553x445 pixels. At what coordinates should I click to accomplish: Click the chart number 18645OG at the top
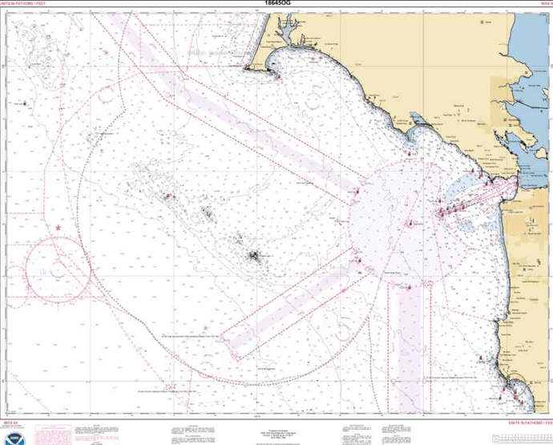tap(276, 3)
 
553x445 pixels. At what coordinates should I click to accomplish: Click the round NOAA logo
tap(12, 431)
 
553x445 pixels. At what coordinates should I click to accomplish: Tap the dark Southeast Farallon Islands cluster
tap(255, 257)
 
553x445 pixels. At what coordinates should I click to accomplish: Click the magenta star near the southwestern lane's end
tap(206, 327)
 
